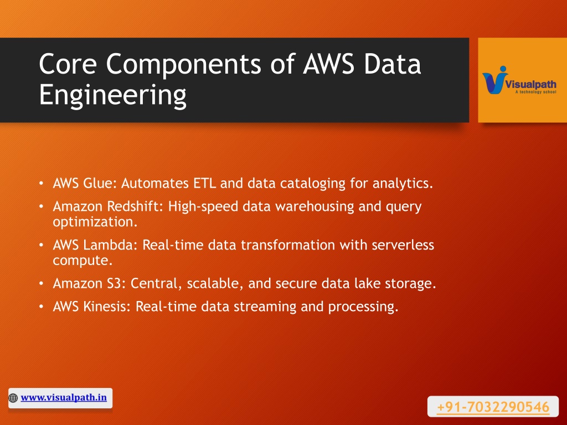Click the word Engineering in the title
pyautogui.click(x=112, y=95)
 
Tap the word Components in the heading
pyautogui.click(x=183, y=64)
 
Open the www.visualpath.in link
pyautogui.click(x=64, y=397)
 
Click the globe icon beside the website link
pyautogui.click(x=13, y=398)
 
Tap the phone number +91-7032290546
pyautogui.click(x=493, y=407)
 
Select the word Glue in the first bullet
pyautogui.click(x=100, y=183)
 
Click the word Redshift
pyautogui.click(x=135, y=206)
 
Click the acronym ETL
pyautogui.click(x=205, y=183)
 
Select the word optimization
pyautogui.click(x=95, y=222)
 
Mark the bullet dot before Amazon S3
pyautogui.click(x=41, y=283)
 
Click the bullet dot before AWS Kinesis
pyautogui.click(x=41, y=307)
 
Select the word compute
pyautogui.click(x=83, y=261)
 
